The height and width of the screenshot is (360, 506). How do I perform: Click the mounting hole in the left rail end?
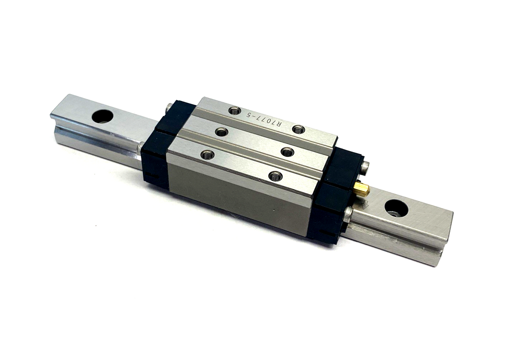point(102,116)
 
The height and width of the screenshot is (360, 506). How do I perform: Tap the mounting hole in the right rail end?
point(396,208)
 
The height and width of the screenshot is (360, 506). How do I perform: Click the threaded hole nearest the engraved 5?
point(235,111)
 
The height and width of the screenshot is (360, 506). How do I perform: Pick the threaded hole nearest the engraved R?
point(299,130)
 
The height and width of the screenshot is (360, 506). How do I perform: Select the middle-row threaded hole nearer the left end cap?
point(222,132)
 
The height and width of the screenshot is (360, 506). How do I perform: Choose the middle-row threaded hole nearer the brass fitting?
point(288,152)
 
